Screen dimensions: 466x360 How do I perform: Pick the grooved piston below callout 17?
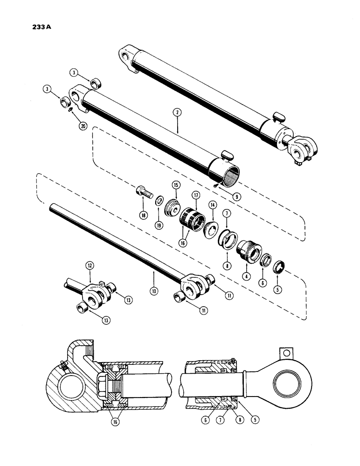[x=190, y=218]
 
